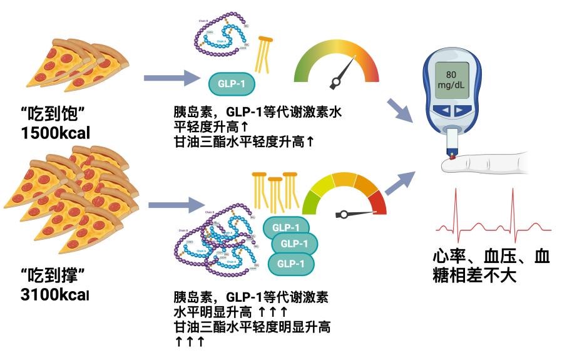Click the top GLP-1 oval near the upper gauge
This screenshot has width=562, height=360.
[231, 83]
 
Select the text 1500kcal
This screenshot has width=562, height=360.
[55, 133]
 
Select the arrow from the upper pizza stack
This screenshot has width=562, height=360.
[170, 79]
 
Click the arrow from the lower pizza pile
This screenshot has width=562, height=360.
[172, 204]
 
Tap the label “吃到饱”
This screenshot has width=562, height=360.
[53, 114]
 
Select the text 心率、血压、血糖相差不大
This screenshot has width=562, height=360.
[491, 265]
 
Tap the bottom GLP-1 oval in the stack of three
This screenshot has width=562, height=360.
[291, 264]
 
